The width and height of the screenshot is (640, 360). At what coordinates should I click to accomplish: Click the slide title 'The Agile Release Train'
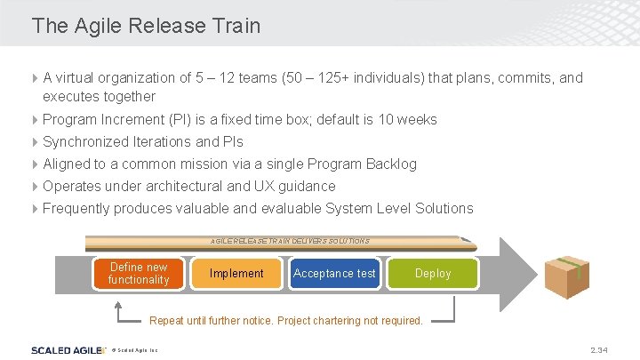coord(146,26)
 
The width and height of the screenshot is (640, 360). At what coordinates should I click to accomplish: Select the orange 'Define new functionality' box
coord(139,273)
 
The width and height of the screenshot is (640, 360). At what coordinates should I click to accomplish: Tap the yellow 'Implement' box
coord(236,273)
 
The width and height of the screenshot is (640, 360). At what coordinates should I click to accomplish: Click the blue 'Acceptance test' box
coord(334,273)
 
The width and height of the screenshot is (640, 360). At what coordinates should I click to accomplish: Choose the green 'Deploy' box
coord(433,273)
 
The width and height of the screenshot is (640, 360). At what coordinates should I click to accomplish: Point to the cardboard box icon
coord(566,276)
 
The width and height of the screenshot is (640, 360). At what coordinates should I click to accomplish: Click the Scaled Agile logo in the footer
coord(64,349)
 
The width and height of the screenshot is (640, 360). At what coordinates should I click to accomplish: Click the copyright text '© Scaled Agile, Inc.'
coord(135,350)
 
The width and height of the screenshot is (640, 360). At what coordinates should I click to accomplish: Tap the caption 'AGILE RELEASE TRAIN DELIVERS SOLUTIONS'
coord(290,241)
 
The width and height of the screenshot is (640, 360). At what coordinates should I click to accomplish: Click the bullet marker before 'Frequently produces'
coord(36,208)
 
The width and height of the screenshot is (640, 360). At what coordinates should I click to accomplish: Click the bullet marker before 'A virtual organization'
coord(36,77)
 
